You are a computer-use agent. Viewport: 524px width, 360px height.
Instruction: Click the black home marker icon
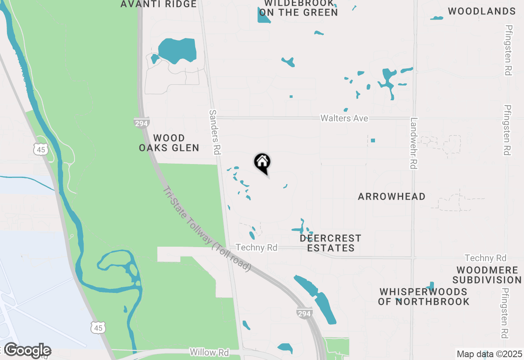[x=262, y=162]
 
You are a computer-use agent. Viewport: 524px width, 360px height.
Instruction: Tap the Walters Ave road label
[x=344, y=118]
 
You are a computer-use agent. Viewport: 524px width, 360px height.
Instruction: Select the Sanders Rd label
[x=215, y=132]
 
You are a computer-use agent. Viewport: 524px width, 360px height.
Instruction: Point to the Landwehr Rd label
[x=414, y=143]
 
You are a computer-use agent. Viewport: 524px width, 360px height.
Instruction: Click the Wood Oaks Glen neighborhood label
[x=169, y=143]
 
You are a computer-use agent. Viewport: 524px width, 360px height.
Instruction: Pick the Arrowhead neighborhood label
[x=391, y=197]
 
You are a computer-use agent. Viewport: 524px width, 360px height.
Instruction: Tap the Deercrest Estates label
[x=330, y=243]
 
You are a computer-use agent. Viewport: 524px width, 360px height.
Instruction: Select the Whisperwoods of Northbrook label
[x=424, y=297]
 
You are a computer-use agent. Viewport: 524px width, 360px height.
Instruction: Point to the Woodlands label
[x=481, y=11]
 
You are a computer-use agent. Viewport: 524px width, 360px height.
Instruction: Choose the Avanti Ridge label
[x=158, y=4]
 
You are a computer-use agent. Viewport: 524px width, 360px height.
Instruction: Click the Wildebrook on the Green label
[x=299, y=8]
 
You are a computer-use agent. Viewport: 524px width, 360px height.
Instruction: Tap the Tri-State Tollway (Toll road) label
[x=207, y=229]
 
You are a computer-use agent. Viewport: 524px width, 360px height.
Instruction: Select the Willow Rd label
[x=209, y=352]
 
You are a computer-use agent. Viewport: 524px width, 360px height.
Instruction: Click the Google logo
[x=27, y=351]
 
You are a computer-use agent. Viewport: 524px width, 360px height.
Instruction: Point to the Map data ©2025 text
[x=490, y=354]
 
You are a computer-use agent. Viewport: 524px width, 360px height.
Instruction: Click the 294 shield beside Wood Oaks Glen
[x=141, y=123]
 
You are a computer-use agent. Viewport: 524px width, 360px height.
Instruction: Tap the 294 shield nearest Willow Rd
[x=304, y=313]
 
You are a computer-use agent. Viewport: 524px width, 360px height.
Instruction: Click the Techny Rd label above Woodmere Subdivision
[x=485, y=258]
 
